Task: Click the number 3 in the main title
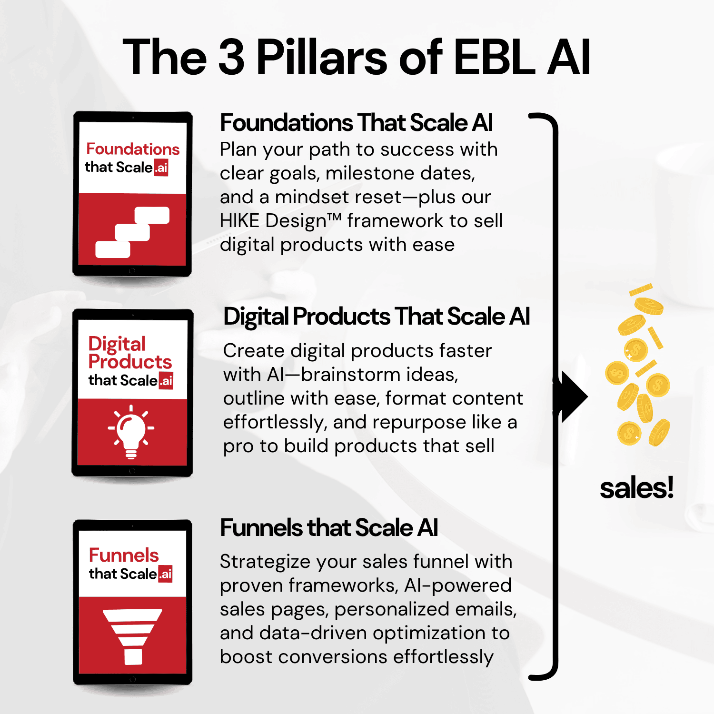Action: click(x=231, y=57)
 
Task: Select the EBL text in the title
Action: click(x=495, y=57)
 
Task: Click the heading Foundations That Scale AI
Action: click(x=357, y=122)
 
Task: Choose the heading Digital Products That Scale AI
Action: click(x=377, y=316)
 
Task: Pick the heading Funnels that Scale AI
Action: click(x=329, y=527)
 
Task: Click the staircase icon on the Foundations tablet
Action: click(x=132, y=232)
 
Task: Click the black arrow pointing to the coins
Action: click(x=575, y=397)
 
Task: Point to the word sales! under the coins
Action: click(x=636, y=488)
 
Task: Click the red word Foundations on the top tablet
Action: click(x=133, y=149)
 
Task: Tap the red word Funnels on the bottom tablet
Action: click(x=124, y=555)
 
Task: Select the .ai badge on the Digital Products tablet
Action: click(x=166, y=381)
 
